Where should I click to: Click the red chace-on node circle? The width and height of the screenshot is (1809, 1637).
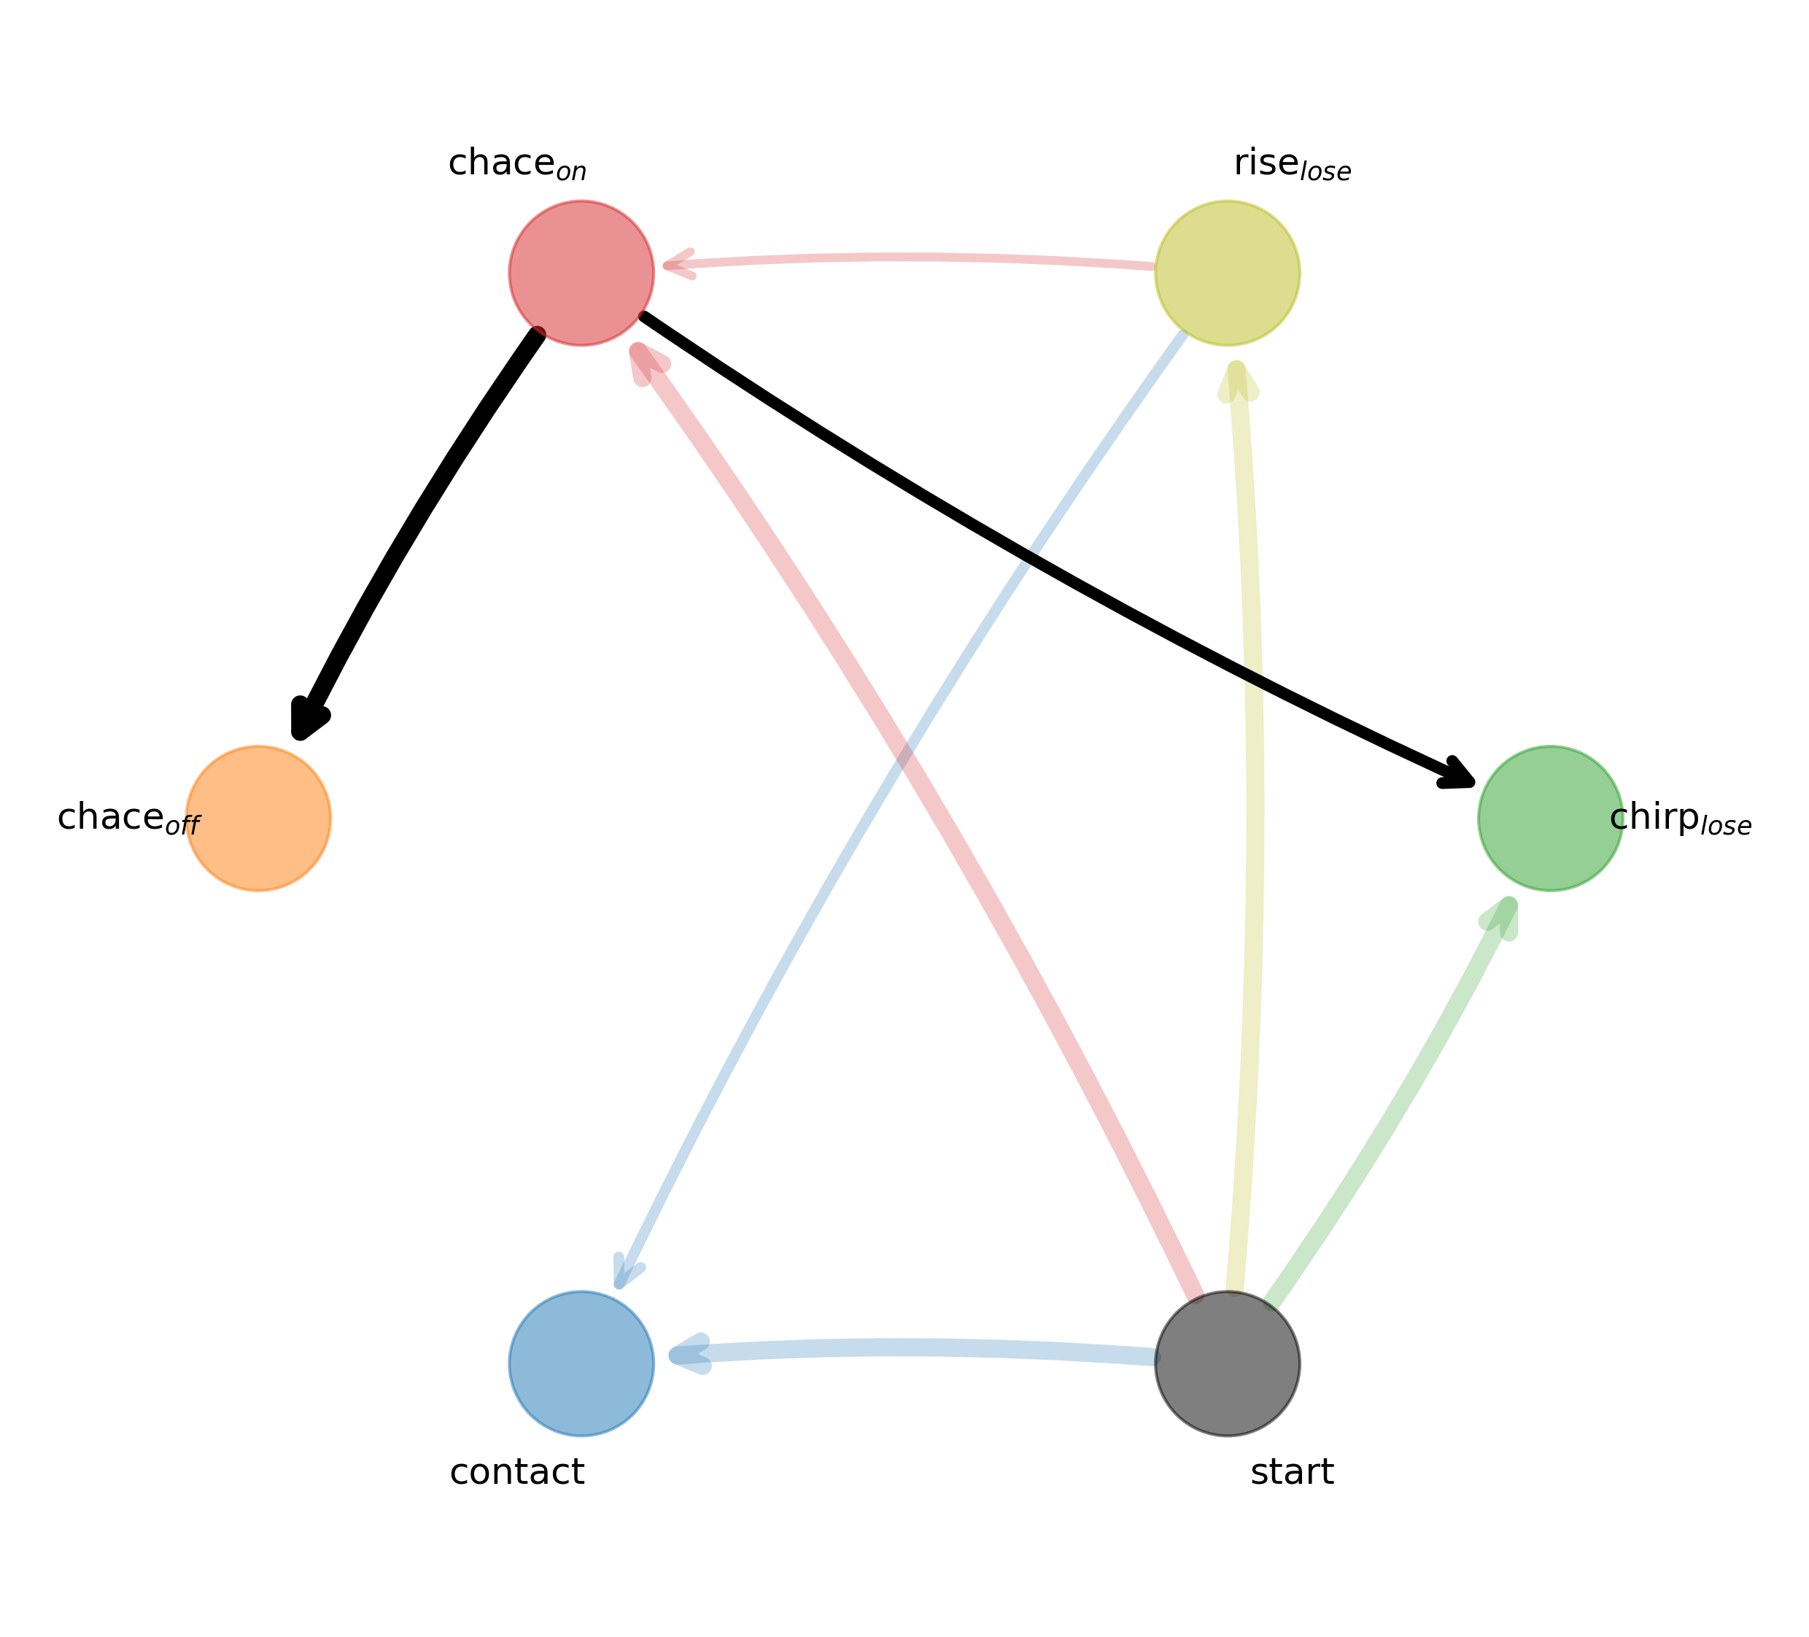[x=581, y=273]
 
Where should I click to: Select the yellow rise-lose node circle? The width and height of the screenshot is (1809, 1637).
[x=1228, y=273]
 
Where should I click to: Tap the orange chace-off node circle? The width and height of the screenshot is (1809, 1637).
[x=258, y=818]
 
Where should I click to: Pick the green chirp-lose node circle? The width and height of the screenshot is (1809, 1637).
[x=1551, y=818]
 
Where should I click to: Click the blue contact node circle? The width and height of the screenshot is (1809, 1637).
[x=581, y=1363]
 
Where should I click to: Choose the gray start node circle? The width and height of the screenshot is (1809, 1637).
[x=1228, y=1363]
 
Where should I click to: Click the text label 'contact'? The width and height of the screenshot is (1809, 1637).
[x=517, y=1473]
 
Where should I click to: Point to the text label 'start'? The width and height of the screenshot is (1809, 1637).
[x=1292, y=1473]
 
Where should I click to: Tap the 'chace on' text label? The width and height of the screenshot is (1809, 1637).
[x=517, y=165]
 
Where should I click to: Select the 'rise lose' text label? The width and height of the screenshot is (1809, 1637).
[x=1292, y=165]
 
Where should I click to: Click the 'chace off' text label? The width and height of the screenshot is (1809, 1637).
[x=128, y=819]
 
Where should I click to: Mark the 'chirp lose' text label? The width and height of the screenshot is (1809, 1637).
[x=1680, y=819]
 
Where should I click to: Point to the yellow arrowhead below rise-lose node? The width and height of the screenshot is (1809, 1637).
[x=1237, y=382]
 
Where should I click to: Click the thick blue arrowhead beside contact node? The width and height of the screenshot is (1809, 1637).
[x=689, y=1355]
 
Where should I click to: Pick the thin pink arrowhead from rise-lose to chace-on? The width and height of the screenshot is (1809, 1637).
[x=678, y=265]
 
